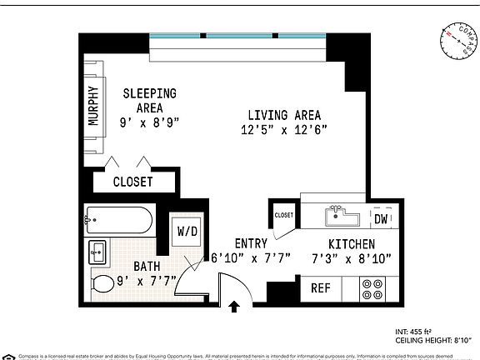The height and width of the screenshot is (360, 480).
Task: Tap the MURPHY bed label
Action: [x=93, y=107]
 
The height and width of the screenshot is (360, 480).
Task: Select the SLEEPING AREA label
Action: [x=150, y=93]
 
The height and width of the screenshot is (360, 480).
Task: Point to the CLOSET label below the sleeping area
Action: [x=133, y=182]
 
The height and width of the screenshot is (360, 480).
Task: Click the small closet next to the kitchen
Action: [x=284, y=215]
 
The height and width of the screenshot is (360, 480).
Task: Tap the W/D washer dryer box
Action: [x=184, y=232]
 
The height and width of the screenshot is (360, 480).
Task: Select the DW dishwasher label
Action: [x=380, y=219]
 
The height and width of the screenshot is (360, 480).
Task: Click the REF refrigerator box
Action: [x=321, y=288]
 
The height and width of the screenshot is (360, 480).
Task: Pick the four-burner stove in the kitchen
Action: [x=372, y=288]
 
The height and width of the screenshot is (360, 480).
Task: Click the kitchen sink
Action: [x=339, y=216]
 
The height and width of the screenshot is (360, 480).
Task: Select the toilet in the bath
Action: [x=102, y=283]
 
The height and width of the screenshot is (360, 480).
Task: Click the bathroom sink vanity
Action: [x=97, y=251]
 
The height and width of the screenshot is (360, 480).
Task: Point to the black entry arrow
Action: [x=234, y=307]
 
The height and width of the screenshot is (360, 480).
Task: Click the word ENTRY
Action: [x=251, y=244]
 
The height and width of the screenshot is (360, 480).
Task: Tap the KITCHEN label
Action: [x=350, y=244]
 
